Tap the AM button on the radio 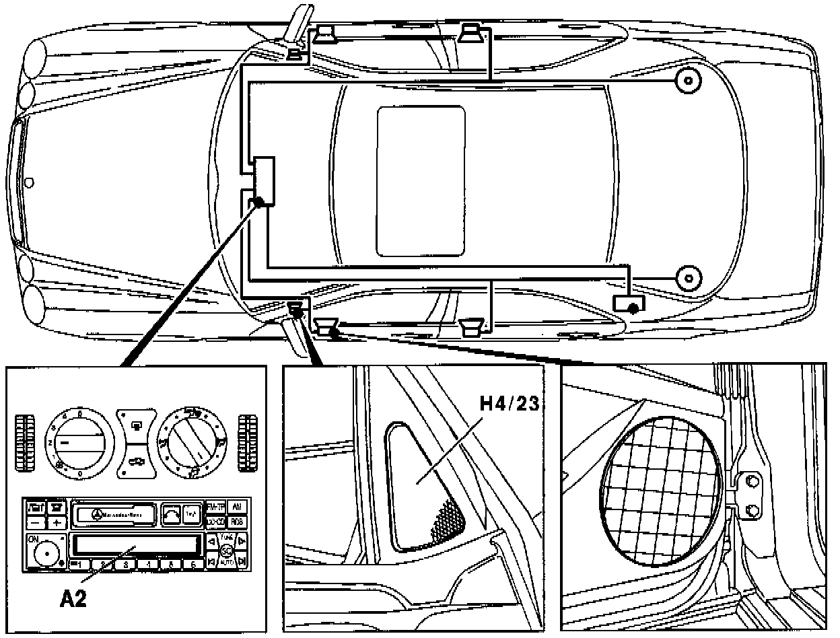click(236, 507)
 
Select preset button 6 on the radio click(193, 564)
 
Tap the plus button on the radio click(57, 522)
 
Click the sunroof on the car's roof click(421, 181)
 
